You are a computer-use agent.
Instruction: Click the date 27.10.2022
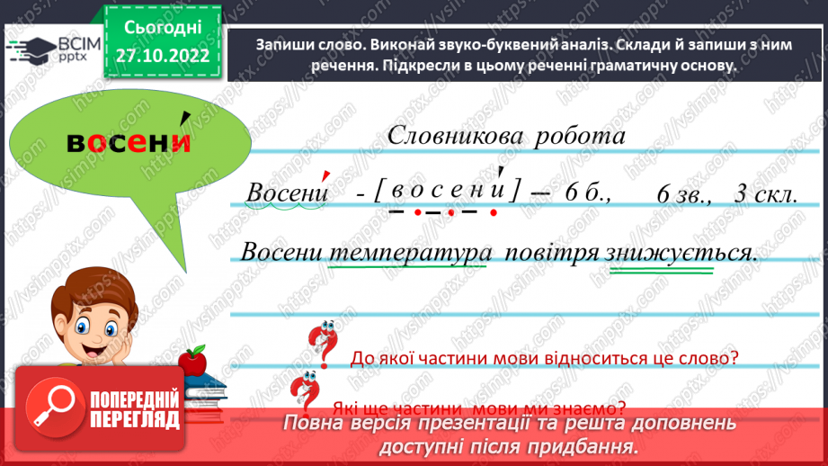[162, 54]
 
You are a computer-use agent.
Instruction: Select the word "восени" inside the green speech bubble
[130, 143]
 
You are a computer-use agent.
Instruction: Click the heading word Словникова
[452, 137]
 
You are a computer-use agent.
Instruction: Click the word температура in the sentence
[410, 252]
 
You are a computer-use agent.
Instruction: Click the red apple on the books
[191, 362]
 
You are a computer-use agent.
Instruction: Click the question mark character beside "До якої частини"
[320, 345]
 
